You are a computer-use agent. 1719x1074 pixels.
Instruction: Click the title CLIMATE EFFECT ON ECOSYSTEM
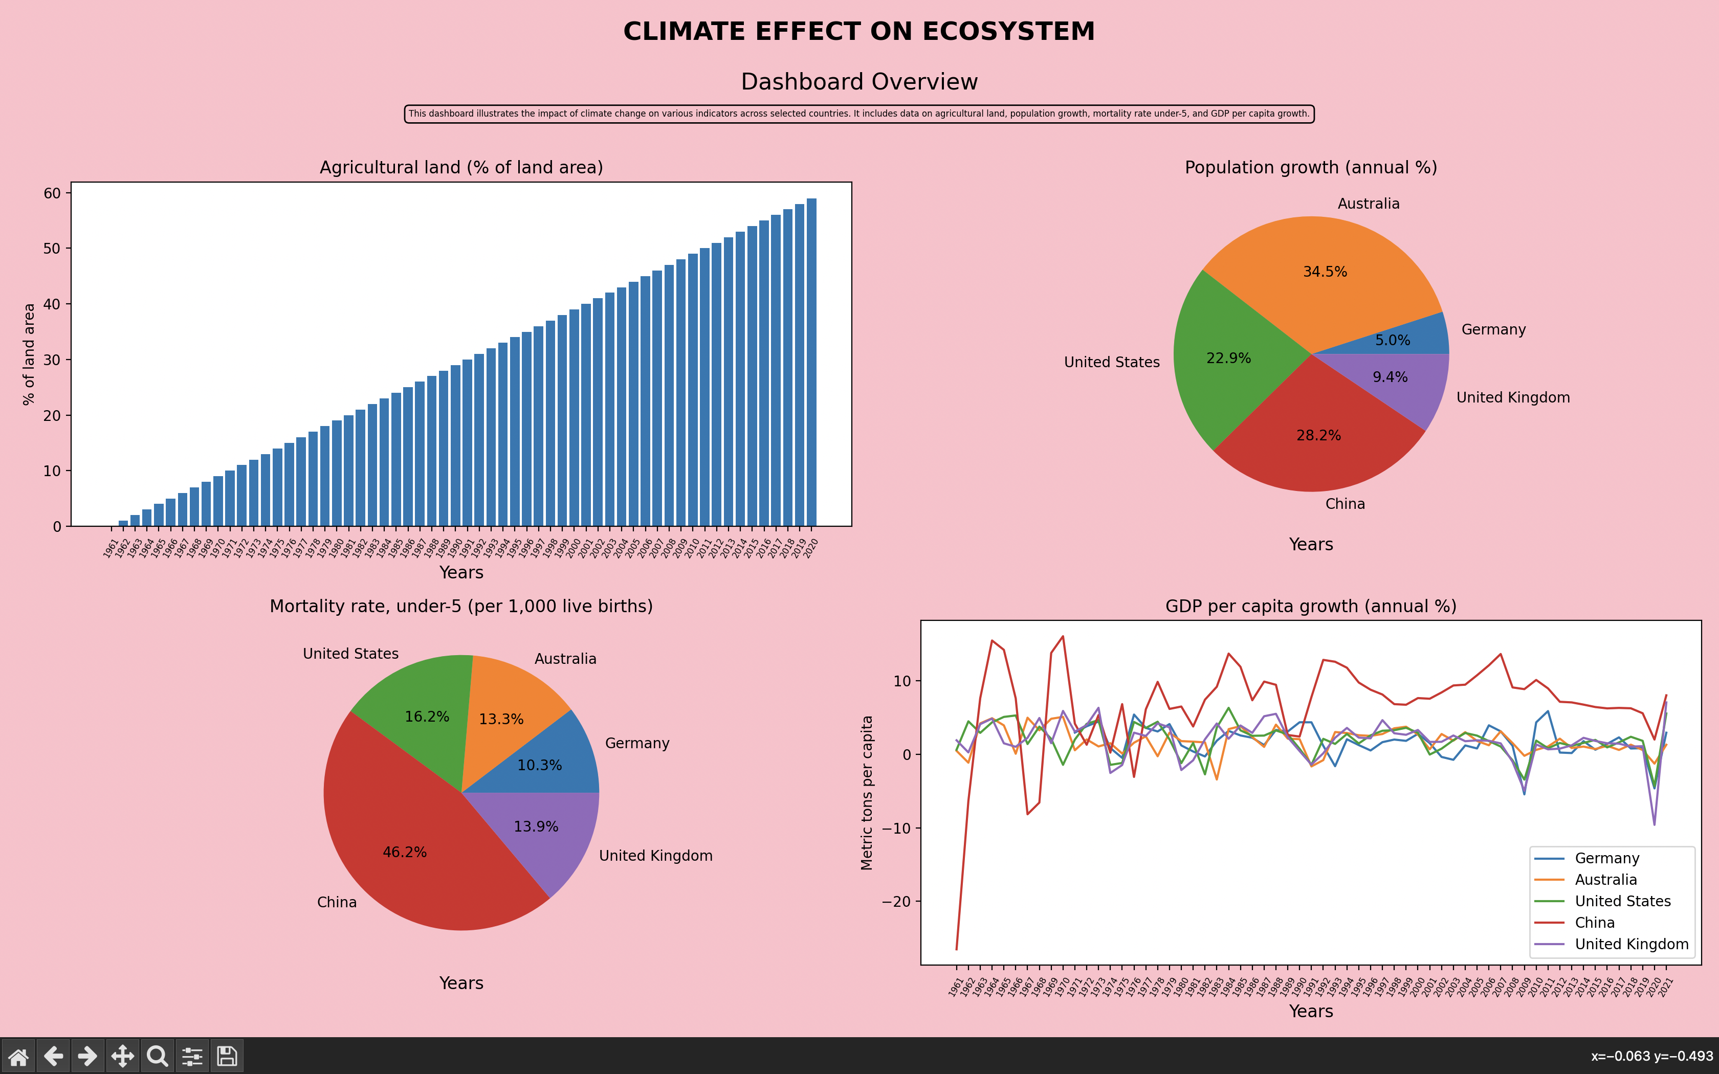pyautogui.click(x=859, y=32)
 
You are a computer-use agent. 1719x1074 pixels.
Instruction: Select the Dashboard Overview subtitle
pyautogui.click(x=859, y=82)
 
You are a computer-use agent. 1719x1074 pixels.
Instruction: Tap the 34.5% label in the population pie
pyautogui.click(x=1325, y=272)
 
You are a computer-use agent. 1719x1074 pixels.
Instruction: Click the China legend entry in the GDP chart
pyautogui.click(x=1595, y=923)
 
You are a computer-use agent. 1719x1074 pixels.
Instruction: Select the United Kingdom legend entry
pyautogui.click(x=1631, y=944)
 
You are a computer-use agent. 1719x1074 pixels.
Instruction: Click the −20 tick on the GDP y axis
pyautogui.click(x=896, y=901)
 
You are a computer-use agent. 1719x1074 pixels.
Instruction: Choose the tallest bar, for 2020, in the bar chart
pyautogui.click(x=811, y=362)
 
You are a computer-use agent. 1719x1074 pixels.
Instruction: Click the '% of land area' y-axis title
pyautogui.click(x=29, y=354)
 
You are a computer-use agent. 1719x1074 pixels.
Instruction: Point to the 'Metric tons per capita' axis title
pyautogui.click(x=867, y=793)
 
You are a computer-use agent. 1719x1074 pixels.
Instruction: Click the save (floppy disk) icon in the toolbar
pyautogui.click(x=227, y=1056)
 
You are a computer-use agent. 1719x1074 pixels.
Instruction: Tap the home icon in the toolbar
pyautogui.click(x=18, y=1056)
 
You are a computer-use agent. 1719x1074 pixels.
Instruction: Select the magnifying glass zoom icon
pyautogui.click(x=158, y=1056)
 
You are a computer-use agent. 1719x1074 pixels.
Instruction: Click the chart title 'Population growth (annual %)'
pyautogui.click(x=1311, y=168)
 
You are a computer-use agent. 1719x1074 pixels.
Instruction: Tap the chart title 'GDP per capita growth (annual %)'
pyautogui.click(x=1311, y=607)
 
